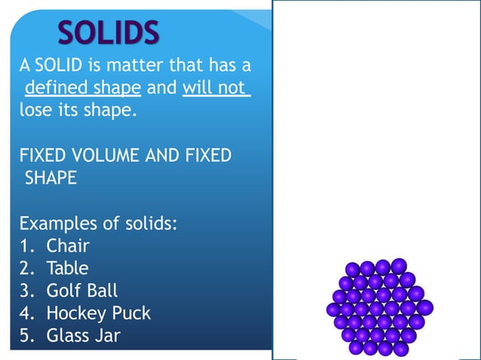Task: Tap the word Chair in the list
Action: pyautogui.click(x=68, y=246)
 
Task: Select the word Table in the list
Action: pyautogui.click(x=68, y=268)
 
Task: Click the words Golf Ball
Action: pyautogui.click(x=82, y=291)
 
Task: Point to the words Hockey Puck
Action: pyautogui.click(x=99, y=313)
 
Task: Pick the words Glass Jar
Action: pyautogui.click(x=83, y=336)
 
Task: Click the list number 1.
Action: pyautogui.click(x=25, y=246)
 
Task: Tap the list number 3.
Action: pyautogui.click(x=25, y=291)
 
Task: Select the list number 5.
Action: pyautogui.click(x=25, y=336)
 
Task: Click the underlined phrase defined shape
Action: pyautogui.click(x=83, y=88)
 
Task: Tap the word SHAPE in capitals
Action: pyautogui.click(x=51, y=178)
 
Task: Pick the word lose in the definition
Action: pyautogui.click(x=35, y=111)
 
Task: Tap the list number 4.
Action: pyautogui.click(x=25, y=313)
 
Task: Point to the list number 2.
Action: pyautogui.click(x=25, y=268)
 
